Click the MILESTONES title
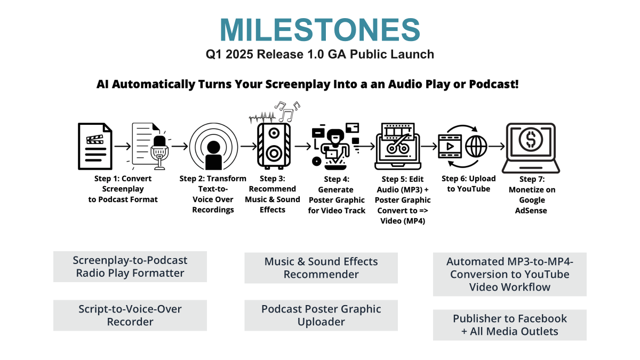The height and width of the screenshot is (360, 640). (x=320, y=29)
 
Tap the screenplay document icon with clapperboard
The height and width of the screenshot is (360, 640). (x=95, y=146)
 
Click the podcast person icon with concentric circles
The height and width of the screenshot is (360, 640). (x=213, y=147)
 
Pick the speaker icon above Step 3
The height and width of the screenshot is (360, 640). (x=274, y=146)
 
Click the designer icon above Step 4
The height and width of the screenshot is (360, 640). (x=335, y=146)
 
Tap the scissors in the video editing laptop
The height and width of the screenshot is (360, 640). (x=398, y=145)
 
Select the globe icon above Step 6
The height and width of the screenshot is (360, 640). (x=476, y=146)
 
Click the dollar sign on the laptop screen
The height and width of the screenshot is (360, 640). (x=531, y=139)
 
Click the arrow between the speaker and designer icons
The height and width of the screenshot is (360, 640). (x=302, y=146)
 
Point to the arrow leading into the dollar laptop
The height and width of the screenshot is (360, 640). (x=497, y=146)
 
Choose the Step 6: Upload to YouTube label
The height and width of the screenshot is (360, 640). (x=469, y=183)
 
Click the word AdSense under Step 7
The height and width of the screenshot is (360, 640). (x=531, y=211)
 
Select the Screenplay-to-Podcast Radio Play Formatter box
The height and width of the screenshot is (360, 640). (x=130, y=267)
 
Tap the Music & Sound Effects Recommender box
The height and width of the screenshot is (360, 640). (x=321, y=268)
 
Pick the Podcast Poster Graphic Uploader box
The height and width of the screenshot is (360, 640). (x=321, y=315)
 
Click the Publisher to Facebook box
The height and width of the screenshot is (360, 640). (x=510, y=325)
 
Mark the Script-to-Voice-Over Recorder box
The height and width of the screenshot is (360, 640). (x=130, y=315)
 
